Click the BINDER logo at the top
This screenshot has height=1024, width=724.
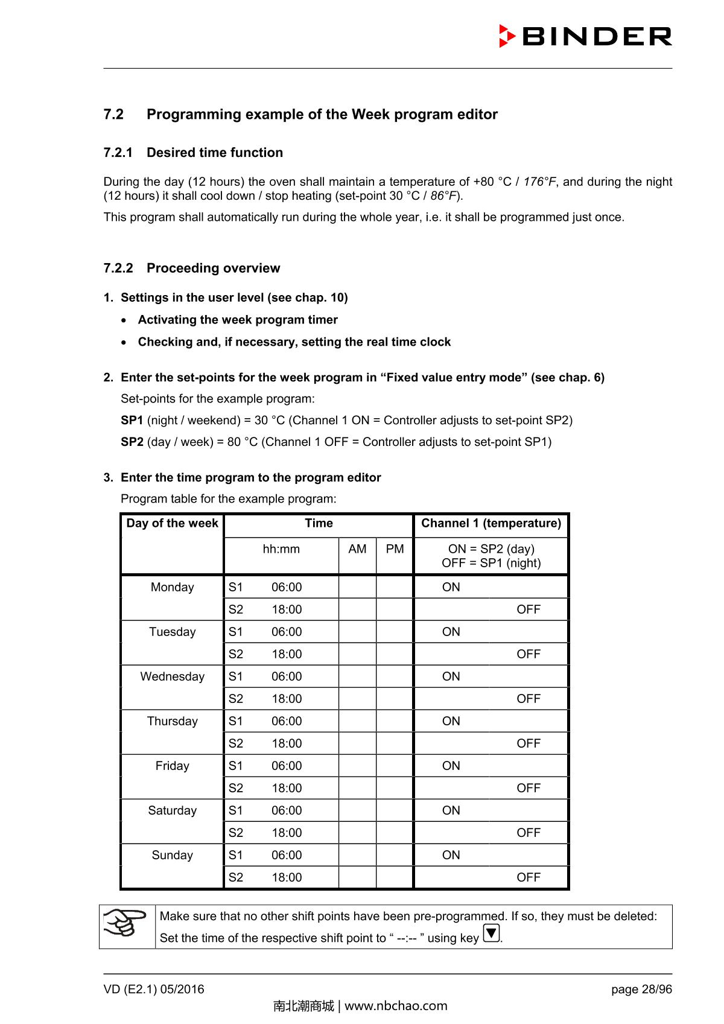click(x=585, y=37)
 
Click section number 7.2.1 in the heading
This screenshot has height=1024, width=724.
click(x=118, y=153)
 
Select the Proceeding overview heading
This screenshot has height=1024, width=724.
click(x=213, y=269)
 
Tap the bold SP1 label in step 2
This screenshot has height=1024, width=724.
click(x=132, y=421)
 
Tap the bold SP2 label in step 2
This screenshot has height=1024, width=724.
click(x=132, y=442)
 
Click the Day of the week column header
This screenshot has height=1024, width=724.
click(x=172, y=524)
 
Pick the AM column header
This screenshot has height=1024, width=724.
click(x=357, y=549)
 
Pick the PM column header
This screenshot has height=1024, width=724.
click(x=395, y=549)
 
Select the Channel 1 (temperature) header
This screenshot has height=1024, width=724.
click(x=491, y=524)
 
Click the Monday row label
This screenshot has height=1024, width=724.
click(x=172, y=588)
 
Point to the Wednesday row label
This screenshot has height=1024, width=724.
click(x=172, y=677)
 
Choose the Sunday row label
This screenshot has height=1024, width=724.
click(x=172, y=856)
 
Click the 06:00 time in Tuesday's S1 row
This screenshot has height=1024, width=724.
click(x=287, y=632)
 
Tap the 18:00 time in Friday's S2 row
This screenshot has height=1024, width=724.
click(x=287, y=789)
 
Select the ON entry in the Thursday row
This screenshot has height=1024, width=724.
click(x=451, y=722)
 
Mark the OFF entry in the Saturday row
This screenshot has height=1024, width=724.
click(x=528, y=833)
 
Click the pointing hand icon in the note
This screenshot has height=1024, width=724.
click(x=126, y=923)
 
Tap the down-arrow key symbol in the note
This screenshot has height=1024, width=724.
click(x=492, y=934)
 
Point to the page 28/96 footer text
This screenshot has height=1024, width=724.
click(x=641, y=990)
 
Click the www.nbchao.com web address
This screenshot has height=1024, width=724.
click(x=396, y=1006)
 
